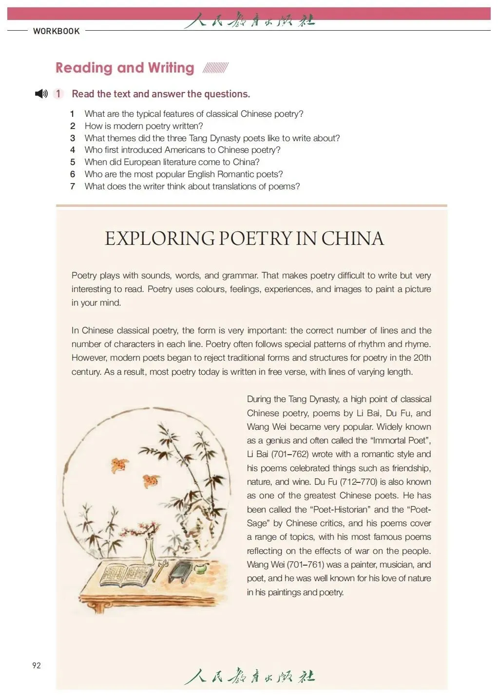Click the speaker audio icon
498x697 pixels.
(x=41, y=94)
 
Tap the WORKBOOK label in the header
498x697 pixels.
(x=57, y=31)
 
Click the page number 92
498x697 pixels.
(x=37, y=665)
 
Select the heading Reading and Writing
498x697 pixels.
(x=125, y=68)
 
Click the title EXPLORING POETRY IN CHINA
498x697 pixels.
(x=244, y=238)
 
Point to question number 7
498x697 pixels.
(x=73, y=186)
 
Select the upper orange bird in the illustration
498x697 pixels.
(x=119, y=465)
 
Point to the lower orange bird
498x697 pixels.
(x=151, y=480)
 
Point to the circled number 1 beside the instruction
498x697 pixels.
(x=58, y=94)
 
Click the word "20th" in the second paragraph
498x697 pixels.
(x=422, y=358)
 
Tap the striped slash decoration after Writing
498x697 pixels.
(x=215, y=68)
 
